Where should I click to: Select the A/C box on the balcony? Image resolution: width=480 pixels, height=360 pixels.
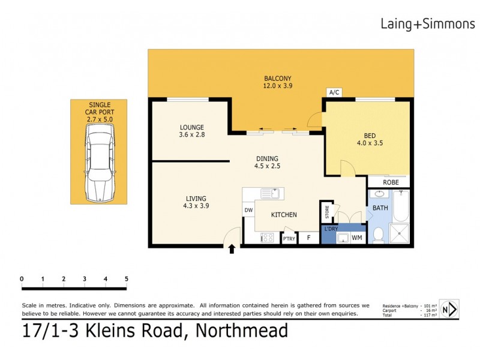(334, 92)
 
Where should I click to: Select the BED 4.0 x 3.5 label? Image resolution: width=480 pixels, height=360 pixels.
(370, 139)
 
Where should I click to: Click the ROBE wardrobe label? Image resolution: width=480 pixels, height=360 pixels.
(391, 182)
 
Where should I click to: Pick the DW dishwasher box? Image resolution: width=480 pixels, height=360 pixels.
(248, 209)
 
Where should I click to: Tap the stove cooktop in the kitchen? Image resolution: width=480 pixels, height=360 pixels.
(268, 238)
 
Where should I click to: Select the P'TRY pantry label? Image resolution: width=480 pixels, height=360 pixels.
(289, 238)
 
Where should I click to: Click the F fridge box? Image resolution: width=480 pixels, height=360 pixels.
(308, 238)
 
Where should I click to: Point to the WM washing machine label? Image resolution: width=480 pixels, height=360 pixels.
(356, 238)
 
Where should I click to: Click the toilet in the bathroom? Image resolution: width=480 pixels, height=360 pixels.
(378, 236)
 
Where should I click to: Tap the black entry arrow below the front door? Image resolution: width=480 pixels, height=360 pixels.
(232, 249)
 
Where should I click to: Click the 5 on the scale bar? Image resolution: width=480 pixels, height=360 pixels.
(126, 278)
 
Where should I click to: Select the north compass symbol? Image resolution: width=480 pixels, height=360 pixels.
(449, 309)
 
